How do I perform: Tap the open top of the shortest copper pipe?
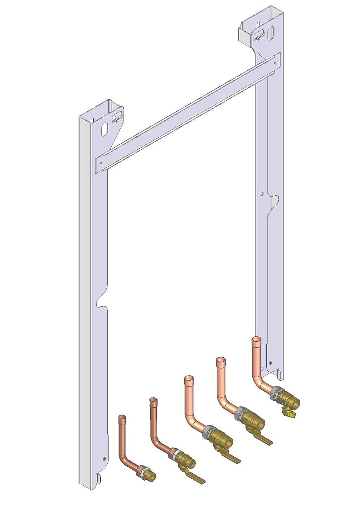tap(122, 417)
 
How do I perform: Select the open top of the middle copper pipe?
tap(188, 379)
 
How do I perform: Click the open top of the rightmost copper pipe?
tap(257, 340)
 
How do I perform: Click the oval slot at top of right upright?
tap(271, 33)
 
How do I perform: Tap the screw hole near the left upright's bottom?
tap(104, 458)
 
